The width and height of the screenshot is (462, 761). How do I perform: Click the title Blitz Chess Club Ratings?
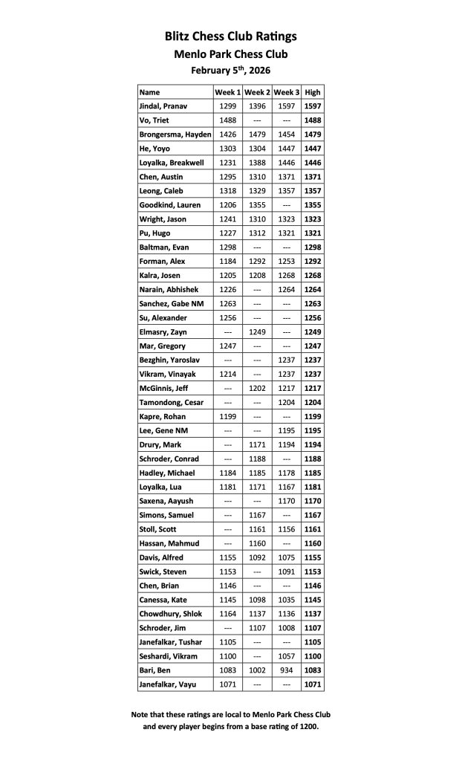click(x=230, y=36)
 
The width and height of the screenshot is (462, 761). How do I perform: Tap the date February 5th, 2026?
click(x=230, y=70)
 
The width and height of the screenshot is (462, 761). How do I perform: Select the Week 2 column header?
click(x=257, y=92)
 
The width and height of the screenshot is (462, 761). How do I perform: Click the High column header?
click(x=313, y=92)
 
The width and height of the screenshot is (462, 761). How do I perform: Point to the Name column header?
click(x=150, y=92)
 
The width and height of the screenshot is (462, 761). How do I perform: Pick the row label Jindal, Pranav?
click(x=163, y=106)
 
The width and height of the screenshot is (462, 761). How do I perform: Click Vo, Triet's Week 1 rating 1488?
click(x=228, y=120)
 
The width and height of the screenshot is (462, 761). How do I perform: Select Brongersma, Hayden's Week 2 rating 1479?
click(x=257, y=135)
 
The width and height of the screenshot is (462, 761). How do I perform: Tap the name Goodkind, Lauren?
click(x=170, y=205)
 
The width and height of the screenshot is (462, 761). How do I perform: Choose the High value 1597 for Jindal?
click(x=313, y=106)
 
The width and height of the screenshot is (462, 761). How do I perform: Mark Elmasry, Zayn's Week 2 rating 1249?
click(x=257, y=332)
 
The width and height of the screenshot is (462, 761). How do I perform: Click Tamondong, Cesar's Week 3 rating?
click(x=286, y=403)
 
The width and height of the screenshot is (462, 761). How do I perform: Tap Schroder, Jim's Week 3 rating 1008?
click(x=286, y=628)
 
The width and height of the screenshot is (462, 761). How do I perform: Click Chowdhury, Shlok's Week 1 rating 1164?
click(x=228, y=614)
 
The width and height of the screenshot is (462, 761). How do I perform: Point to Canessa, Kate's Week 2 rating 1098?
click(x=257, y=600)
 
